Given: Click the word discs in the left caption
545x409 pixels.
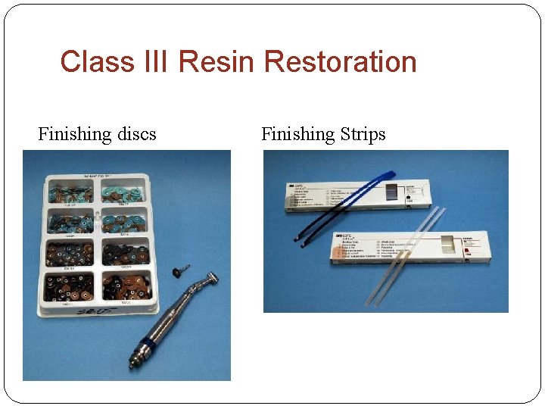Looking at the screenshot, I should (136, 135).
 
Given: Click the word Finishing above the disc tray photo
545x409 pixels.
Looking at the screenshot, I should (74, 135).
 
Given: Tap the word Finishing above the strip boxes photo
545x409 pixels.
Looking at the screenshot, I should (297, 135).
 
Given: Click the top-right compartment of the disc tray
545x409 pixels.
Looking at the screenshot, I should (124, 192).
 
